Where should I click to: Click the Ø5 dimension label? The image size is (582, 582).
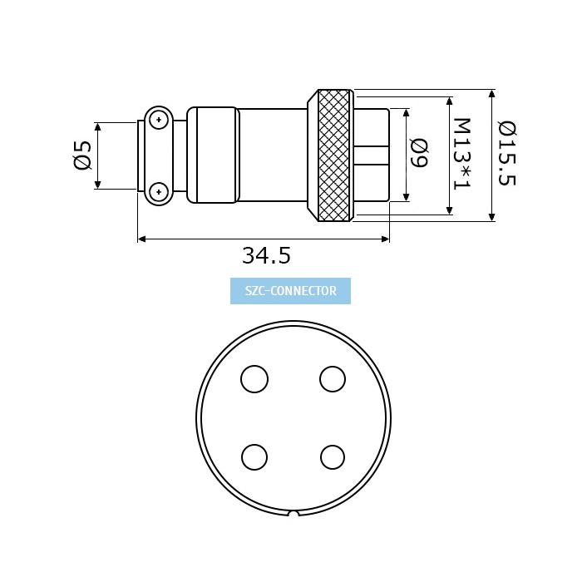tap(82, 155)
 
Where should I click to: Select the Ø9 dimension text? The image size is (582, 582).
tap(420, 153)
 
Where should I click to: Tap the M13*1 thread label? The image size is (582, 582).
tap(462, 154)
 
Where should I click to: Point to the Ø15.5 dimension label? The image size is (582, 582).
tap(506, 153)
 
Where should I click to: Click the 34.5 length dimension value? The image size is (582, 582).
tap(266, 255)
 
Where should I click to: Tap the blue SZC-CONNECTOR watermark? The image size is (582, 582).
tap(290, 291)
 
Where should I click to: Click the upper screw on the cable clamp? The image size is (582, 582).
tap(159, 120)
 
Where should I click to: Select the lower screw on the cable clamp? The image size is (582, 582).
tap(159, 192)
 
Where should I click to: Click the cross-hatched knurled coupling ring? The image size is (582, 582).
tap(333, 155)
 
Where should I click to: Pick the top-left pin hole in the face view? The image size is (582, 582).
tap(254, 379)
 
